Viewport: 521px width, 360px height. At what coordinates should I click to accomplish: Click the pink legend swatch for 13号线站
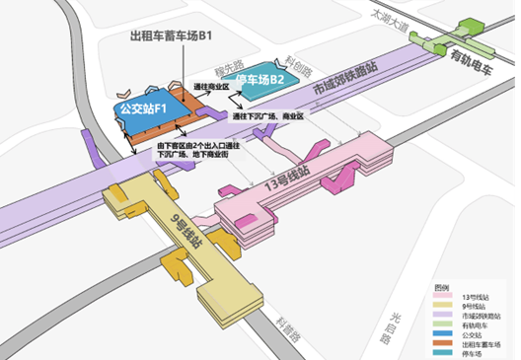click(x=443, y=297)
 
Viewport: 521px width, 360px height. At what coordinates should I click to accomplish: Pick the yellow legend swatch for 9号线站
click(x=443, y=306)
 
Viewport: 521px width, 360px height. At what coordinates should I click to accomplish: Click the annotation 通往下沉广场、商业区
click(x=268, y=116)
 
